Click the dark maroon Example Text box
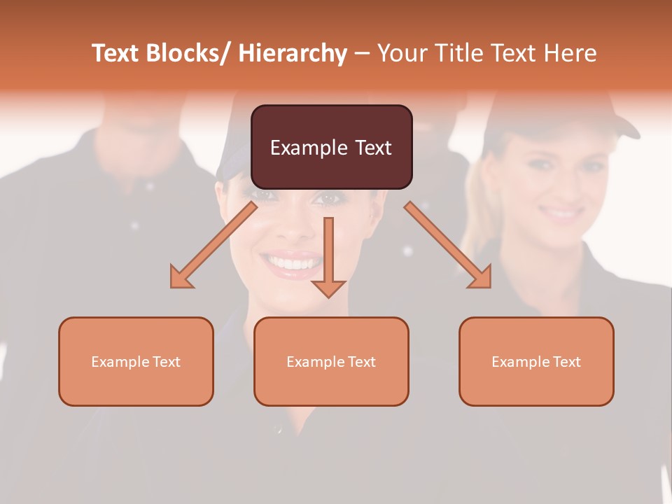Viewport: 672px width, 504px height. (x=331, y=147)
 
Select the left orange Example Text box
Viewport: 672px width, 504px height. (x=136, y=361)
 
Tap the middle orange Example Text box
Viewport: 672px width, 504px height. (x=331, y=361)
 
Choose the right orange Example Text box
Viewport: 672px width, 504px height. (x=536, y=361)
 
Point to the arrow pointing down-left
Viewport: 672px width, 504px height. (x=213, y=245)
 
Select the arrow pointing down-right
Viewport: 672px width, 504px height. (x=448, y=245)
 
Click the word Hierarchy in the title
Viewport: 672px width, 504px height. (x=293, y=54)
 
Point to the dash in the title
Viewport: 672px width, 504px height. (x=362, y=54)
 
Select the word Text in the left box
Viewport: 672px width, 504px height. (x=166, y=362)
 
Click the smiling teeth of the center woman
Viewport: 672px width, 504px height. (x=292, y=264)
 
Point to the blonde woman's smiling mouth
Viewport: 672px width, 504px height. (x=562, y=212)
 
